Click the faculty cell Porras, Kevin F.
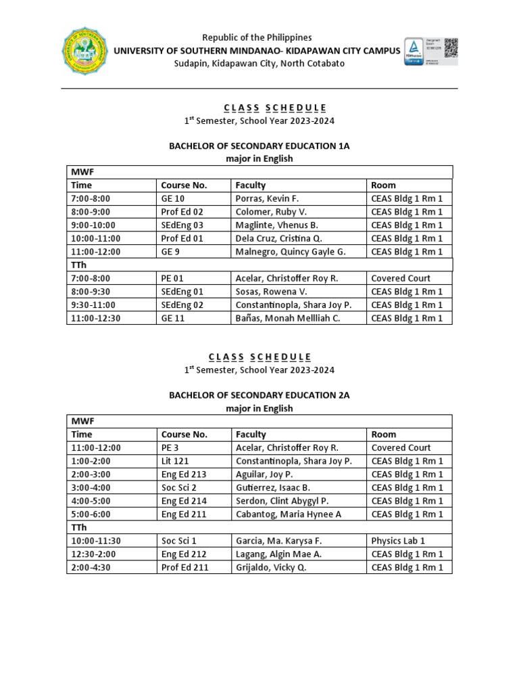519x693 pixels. pos(267,198)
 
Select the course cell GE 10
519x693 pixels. pos(172,198)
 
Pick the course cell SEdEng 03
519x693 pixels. pos(182,225)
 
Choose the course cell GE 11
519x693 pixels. pos(172,318)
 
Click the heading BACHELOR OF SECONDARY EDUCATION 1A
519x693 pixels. pos(259,146)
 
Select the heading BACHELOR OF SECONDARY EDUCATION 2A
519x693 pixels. pos(259,395)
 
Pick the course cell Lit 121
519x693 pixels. pos(174,461)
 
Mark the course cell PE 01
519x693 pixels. pos(172,278)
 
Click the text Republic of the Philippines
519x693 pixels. pos(259,38)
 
